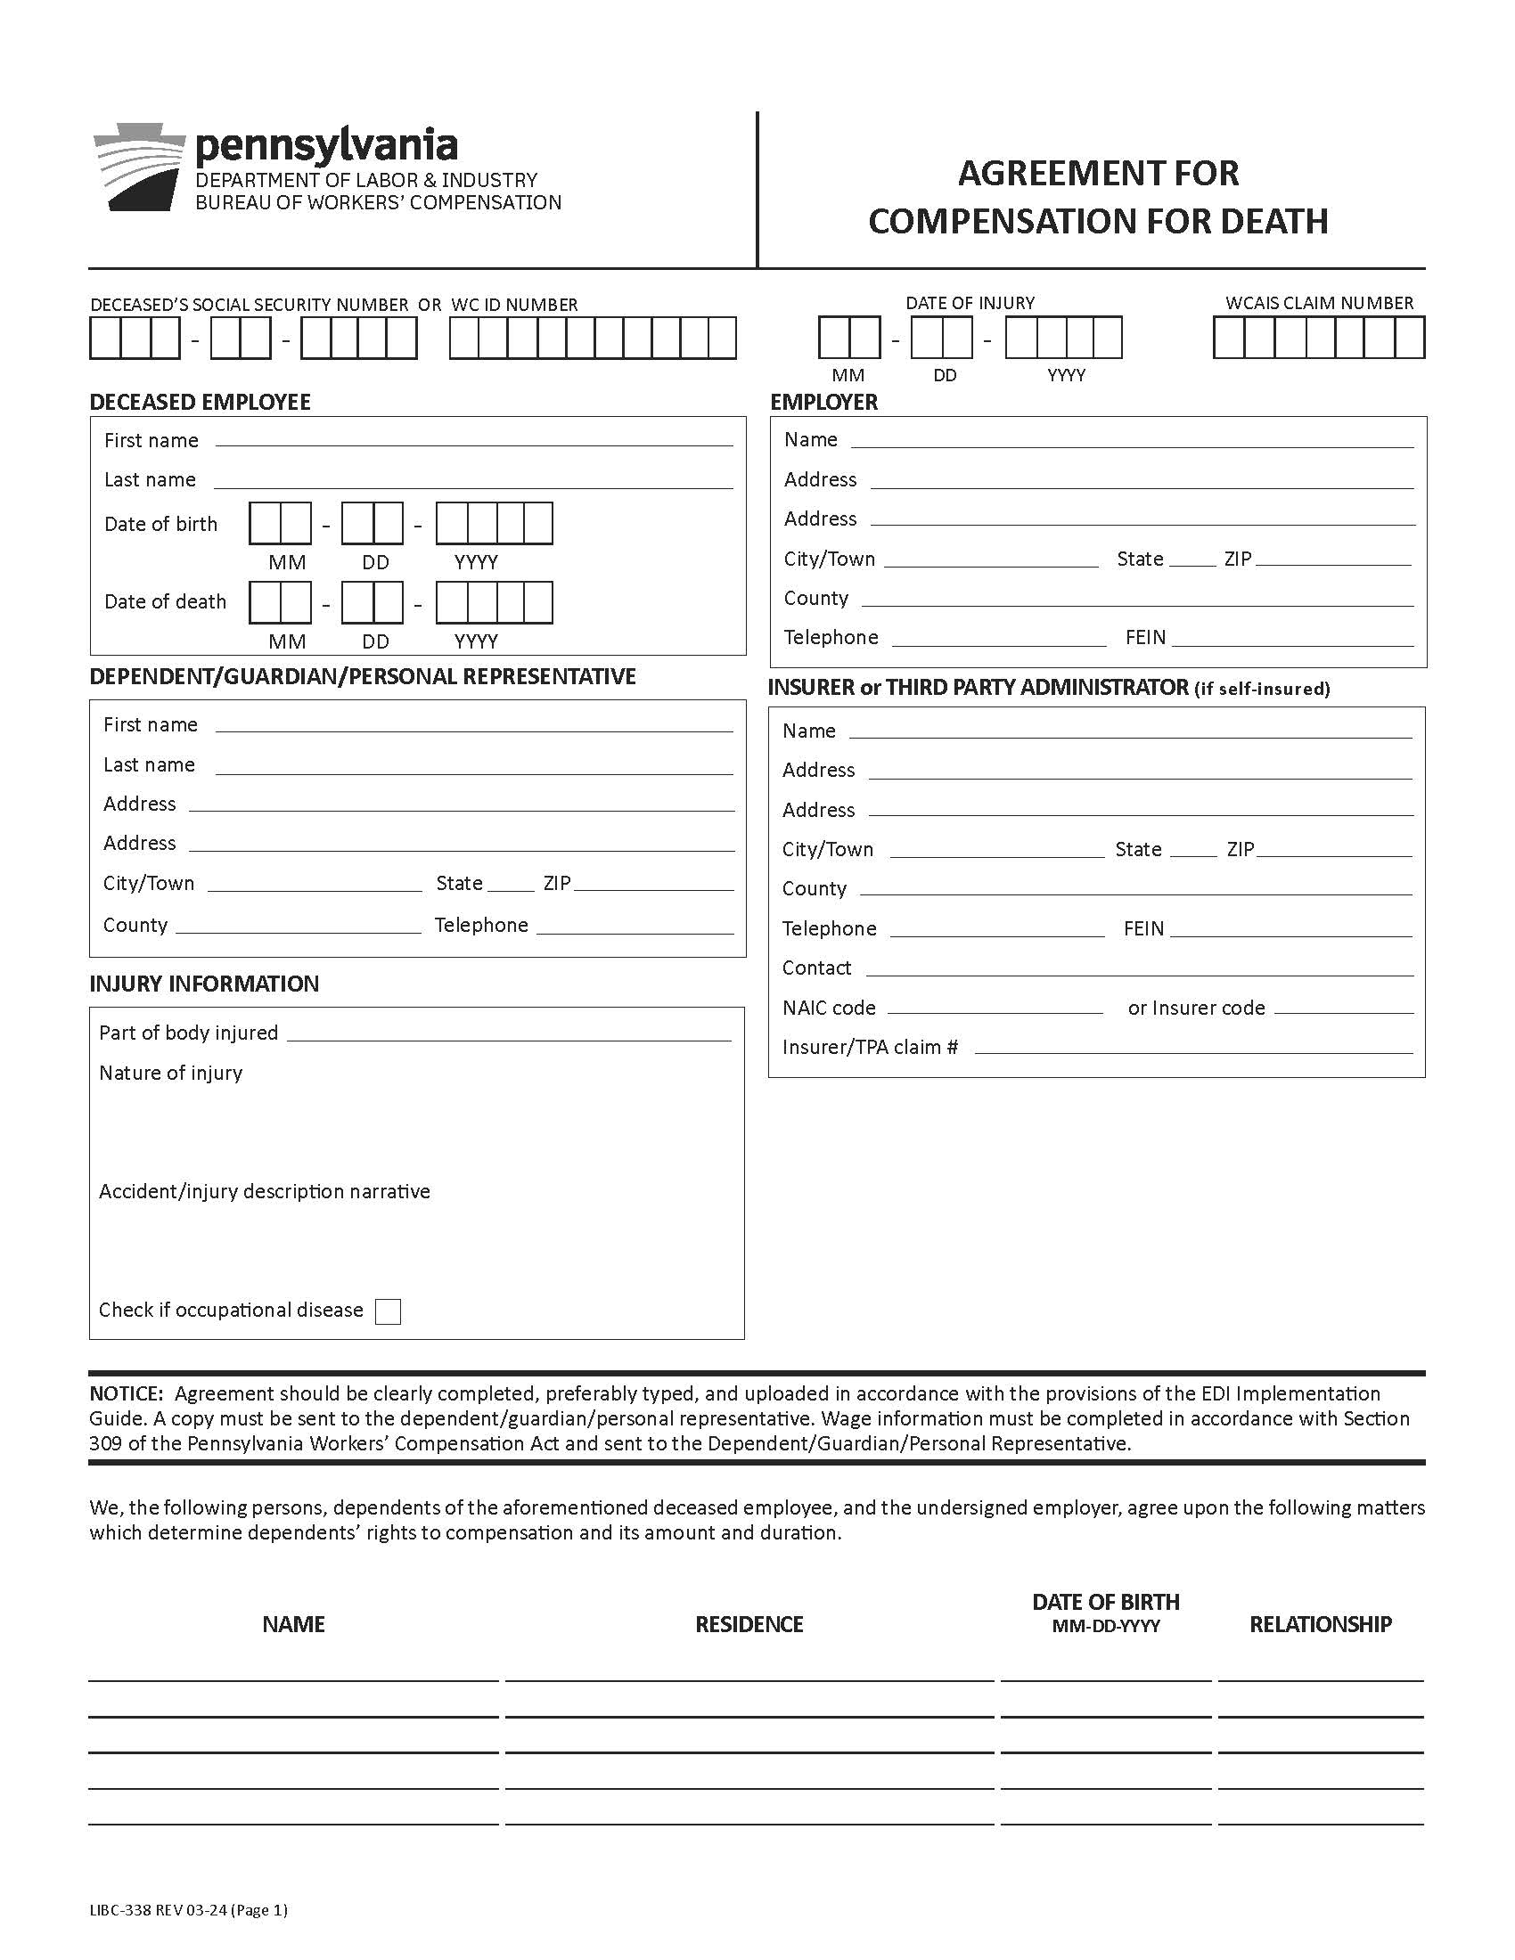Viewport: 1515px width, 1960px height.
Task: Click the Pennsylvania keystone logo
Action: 139,167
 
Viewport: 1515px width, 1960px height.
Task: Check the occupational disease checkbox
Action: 388,1311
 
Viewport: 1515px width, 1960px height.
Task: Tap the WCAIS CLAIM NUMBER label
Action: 1318,303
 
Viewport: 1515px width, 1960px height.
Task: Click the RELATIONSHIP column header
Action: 1319,1624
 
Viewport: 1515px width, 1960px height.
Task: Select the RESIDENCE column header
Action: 749,1624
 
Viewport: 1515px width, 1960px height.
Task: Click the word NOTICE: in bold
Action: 126,1393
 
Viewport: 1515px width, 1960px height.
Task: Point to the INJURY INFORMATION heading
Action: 204,984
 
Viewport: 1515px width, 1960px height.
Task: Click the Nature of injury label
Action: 170,1074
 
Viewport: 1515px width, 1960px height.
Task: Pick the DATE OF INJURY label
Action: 970,303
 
